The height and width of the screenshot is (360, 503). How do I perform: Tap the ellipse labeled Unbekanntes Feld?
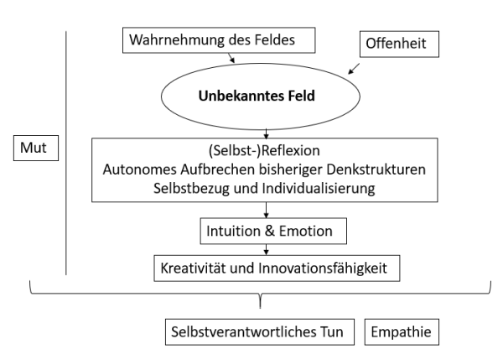pos(265,97)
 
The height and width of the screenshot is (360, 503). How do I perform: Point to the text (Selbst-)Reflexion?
pos(265,151)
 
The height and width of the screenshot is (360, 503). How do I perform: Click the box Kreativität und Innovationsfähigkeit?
pos(265,268)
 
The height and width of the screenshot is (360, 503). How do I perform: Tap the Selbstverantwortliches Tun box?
pos(259,331)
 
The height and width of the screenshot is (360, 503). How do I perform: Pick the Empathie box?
pos(402,331)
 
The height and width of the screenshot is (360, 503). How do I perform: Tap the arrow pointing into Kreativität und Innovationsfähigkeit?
pos(266,248)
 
